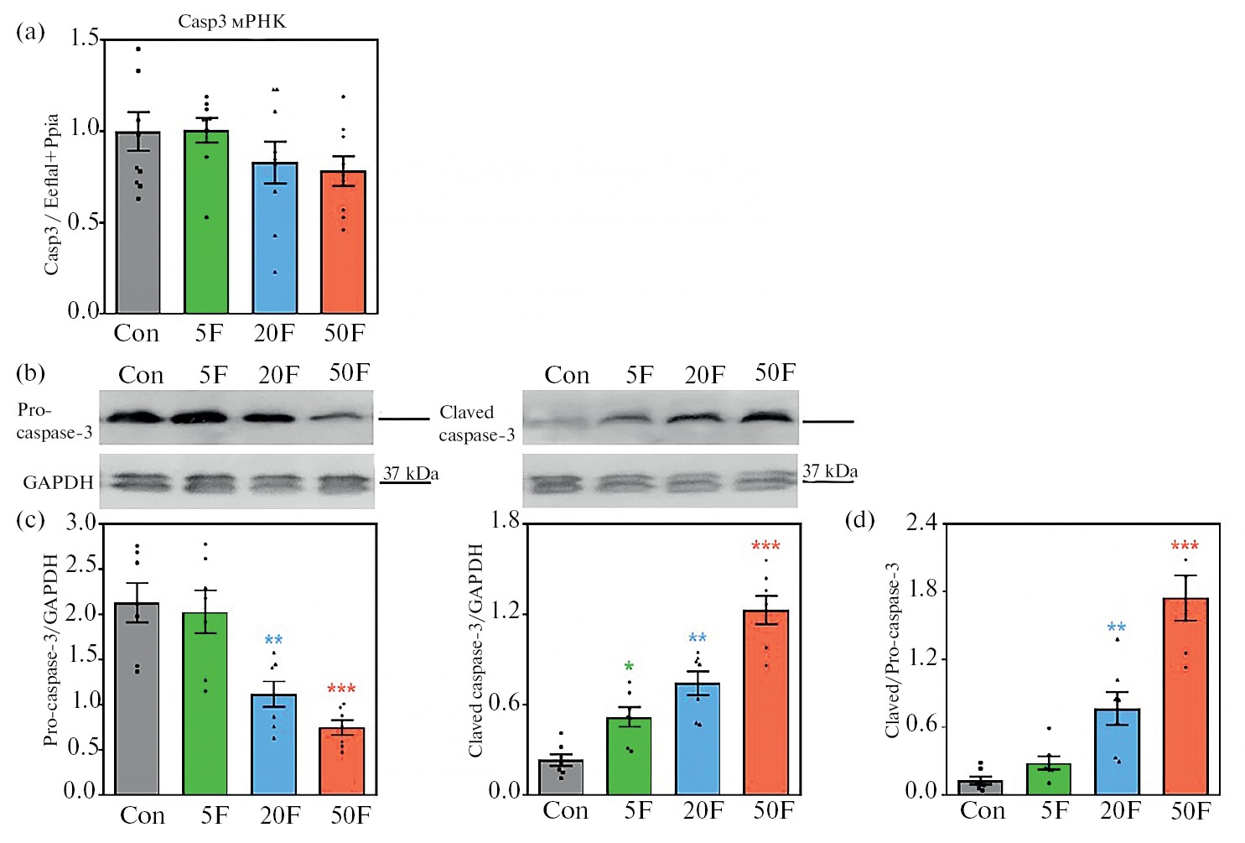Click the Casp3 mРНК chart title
tap(231, 22)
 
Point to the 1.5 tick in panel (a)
tap(85, 39)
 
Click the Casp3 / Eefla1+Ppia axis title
tap(52, 194)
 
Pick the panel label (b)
tap(30, 372)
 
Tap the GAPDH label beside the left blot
tap(58, 482)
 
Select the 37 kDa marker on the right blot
tap(829, 471)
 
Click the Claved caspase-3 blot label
tap(476, 424)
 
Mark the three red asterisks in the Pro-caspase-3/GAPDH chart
tap(341, 689)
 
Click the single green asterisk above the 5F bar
tap(629, 667)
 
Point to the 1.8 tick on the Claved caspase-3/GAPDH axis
tap(505, 522)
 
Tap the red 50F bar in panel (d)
tap(1185, 695)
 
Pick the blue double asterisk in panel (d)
tap(1116, 627)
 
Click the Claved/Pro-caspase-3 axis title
tap(893, 650)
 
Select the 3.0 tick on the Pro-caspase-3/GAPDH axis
tap(81, 523)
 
